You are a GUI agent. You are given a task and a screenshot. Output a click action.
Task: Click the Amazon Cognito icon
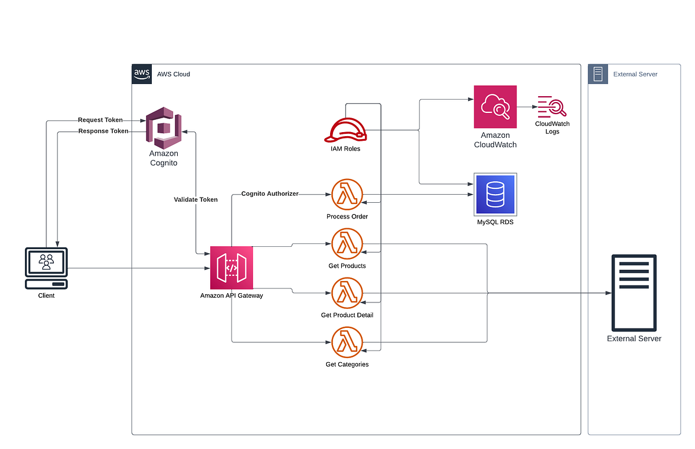pos(163,127)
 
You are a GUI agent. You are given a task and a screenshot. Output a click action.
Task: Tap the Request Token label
pos(100,120)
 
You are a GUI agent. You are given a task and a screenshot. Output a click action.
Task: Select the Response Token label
pos(103,131)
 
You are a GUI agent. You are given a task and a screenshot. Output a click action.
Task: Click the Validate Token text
pos(196,199)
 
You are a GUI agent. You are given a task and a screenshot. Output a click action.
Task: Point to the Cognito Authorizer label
pos(269,194)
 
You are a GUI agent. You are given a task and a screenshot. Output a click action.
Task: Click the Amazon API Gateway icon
pos(232,268)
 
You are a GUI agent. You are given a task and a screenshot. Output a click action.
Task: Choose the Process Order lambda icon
pos(347,195)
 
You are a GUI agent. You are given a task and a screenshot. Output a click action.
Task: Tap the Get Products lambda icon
pos(347,244)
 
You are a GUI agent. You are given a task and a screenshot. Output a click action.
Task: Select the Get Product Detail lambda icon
pos(347,293)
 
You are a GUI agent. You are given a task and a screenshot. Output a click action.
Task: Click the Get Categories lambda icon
pos(347,342)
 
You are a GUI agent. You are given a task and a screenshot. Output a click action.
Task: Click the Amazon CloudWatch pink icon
pos(495,107)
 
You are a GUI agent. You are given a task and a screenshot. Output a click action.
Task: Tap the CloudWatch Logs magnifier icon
pos(551,107)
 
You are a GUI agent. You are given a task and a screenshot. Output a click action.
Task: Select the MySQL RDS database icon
pos(495,194)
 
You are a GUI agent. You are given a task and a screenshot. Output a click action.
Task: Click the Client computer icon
pos(46,268)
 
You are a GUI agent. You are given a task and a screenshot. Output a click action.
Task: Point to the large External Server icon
pos(634,293)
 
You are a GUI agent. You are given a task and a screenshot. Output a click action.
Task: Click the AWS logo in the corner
pos(142,74)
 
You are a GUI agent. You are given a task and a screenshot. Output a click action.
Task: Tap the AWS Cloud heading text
pos(173,74)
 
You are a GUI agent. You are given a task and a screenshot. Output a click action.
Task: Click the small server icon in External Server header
pos(598,74)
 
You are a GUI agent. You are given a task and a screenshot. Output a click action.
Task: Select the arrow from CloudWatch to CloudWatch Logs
pos(526,107)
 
